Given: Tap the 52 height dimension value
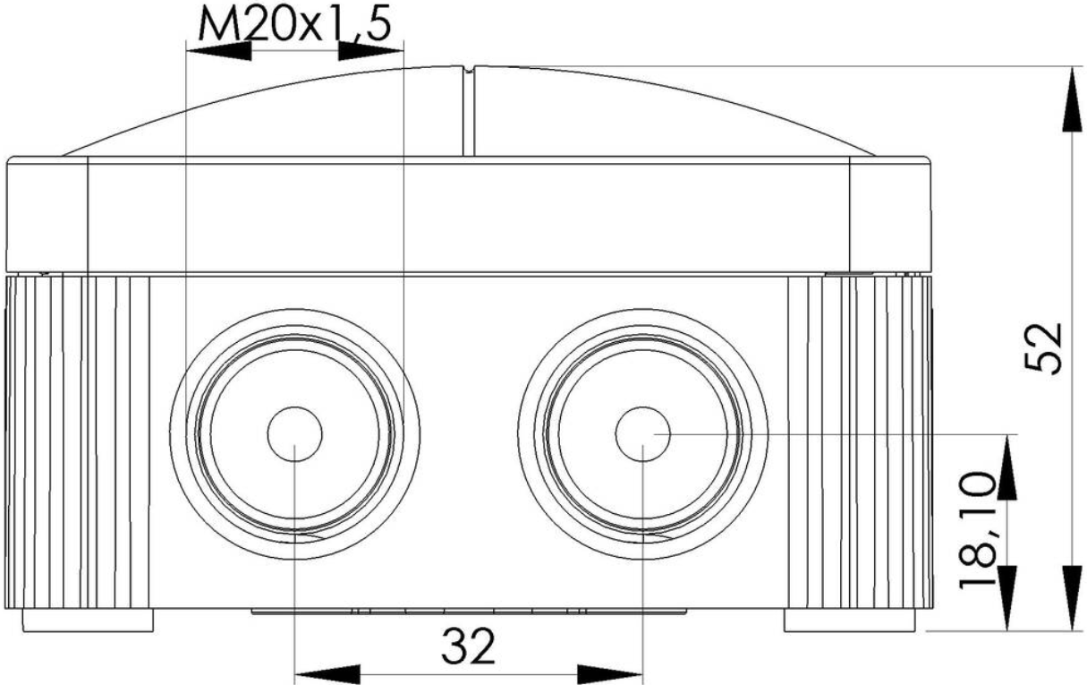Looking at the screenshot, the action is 1043,348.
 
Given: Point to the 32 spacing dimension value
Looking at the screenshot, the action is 468,646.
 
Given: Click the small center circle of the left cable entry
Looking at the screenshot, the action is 294,433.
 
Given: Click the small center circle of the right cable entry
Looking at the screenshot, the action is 643,433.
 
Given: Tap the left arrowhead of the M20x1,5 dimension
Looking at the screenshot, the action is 219,50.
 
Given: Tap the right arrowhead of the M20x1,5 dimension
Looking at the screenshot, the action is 370,50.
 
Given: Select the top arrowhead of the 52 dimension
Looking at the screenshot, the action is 1072,99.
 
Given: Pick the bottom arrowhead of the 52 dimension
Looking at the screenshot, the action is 1072,598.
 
